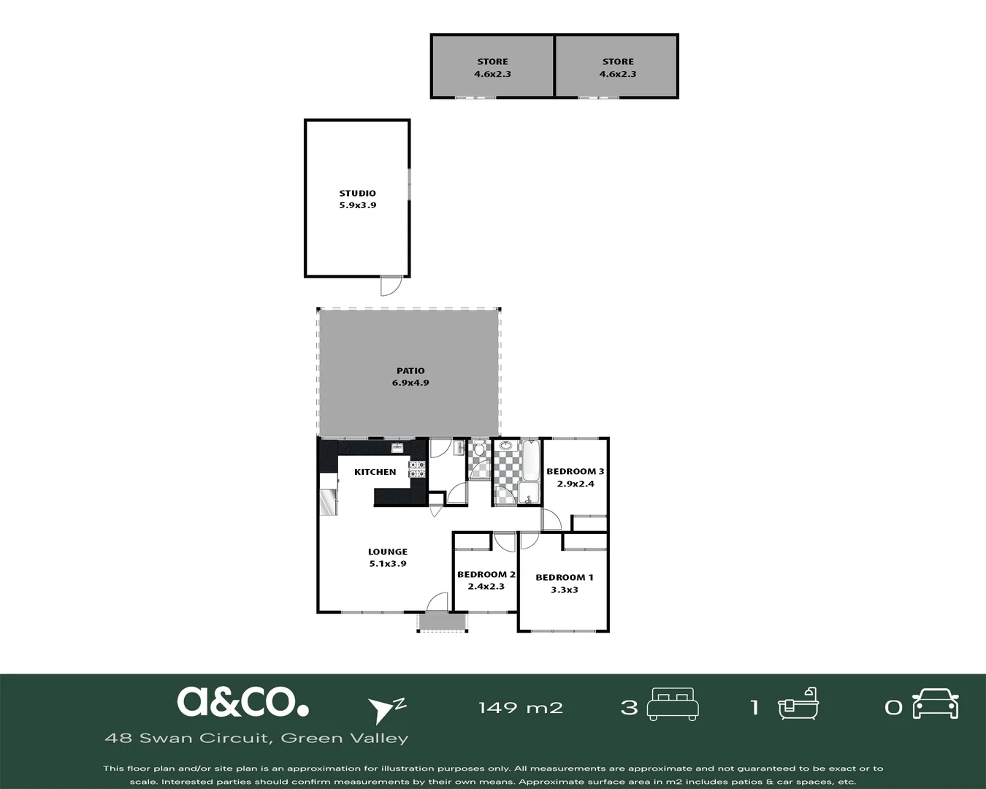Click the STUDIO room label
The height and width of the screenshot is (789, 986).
coord(357,194)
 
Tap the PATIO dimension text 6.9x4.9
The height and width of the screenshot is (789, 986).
coord(410,383)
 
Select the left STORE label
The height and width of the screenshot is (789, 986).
coord(492,61)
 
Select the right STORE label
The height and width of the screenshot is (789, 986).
coord(618,61)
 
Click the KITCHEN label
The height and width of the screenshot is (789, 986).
coord(375,472)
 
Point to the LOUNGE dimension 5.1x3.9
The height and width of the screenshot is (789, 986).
coord(388,564)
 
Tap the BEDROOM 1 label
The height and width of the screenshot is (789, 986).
coord(565,578)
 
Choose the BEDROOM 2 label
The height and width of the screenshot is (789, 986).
coord(486,574)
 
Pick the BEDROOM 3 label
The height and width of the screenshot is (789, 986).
coord(576,471)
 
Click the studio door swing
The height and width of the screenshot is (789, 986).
coord(391,286)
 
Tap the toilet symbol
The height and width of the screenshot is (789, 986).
coord(479,448)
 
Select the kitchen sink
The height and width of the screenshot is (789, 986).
coord(397,448)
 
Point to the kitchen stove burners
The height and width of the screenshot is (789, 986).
coord(417,470)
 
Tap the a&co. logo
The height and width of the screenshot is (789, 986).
coord(242,701)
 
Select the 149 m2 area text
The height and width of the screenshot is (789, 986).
coord(521,708)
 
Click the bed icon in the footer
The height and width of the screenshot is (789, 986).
coord(673,704)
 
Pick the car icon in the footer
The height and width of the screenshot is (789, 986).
coord(935,704)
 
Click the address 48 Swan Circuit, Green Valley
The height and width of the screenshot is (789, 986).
coord(256,738)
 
